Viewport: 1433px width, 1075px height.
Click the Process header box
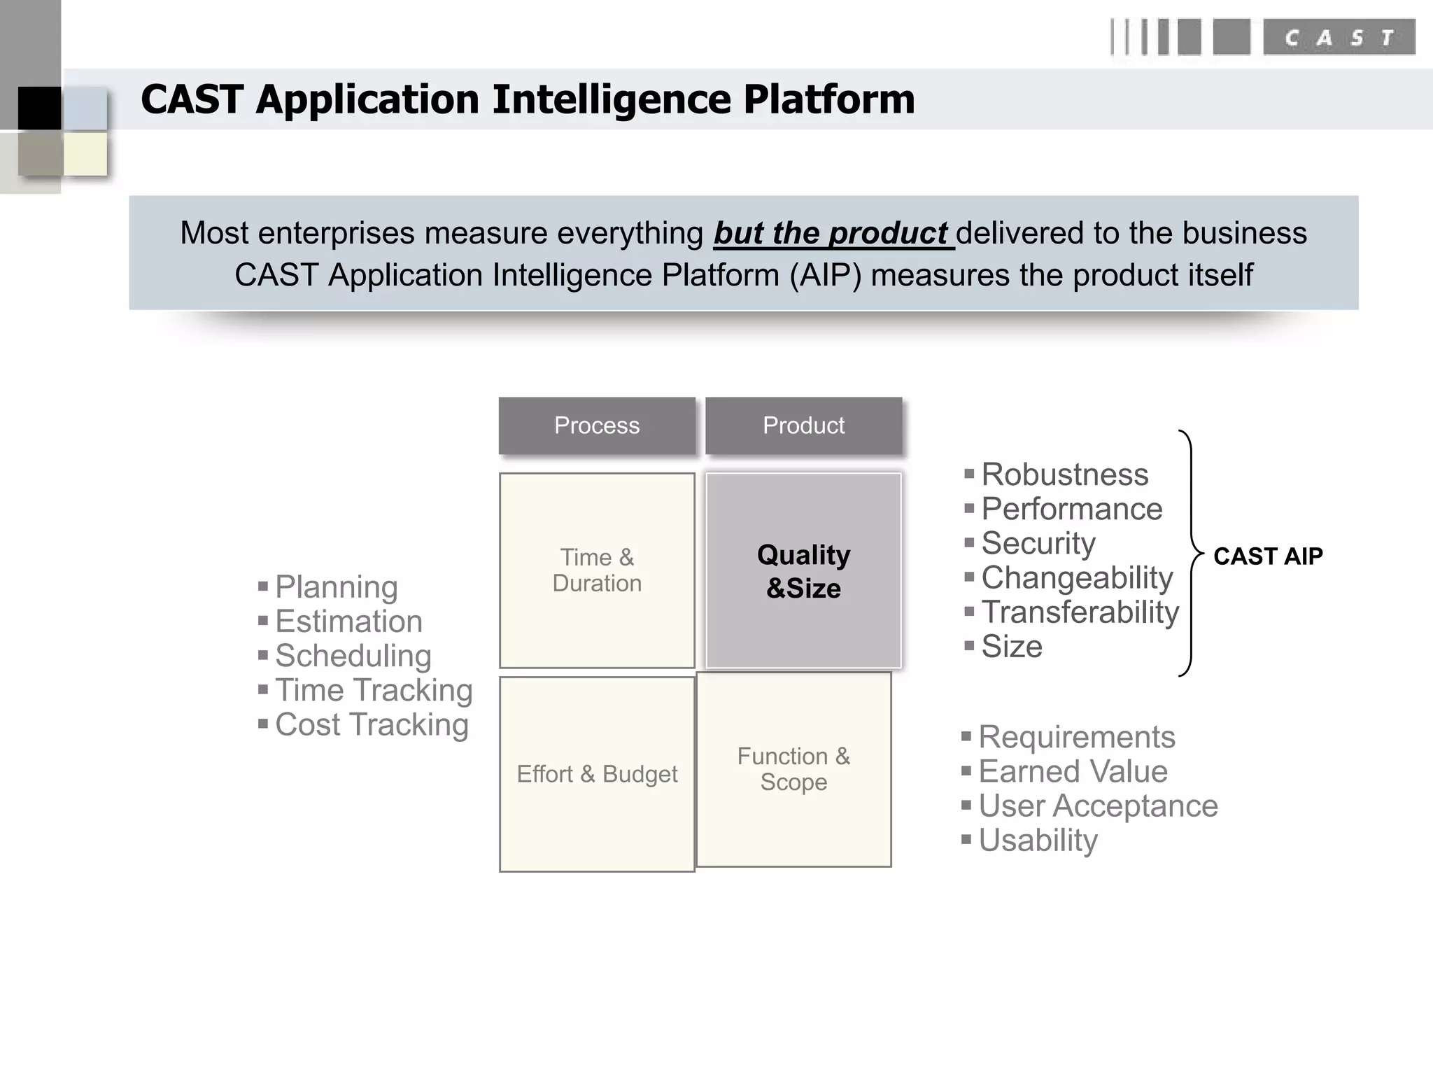[597, 426]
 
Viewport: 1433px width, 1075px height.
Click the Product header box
[803, 426]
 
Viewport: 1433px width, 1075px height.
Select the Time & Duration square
[597, 570]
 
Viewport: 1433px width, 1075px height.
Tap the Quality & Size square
[803, 570]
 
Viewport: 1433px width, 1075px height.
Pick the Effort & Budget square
[597, 774]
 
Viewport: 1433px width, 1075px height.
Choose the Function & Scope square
[793, 769]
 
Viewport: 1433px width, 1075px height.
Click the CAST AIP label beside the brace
[1267, 556]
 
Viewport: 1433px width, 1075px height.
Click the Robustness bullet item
[1064, 475]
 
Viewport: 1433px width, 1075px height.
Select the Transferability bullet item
[1080, 612]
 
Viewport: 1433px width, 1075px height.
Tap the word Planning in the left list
[336, 587]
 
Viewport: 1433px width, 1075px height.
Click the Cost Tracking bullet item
[371, 725]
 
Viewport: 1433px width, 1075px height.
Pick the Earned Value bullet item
[1073, 772]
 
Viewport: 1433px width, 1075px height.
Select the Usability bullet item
[1038, 841]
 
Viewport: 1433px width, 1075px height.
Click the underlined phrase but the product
[832, 233]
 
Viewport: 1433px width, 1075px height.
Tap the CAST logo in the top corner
[1338, 37]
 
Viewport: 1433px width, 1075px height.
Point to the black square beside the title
[39, 108]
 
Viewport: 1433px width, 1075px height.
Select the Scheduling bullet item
[353, 656]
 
